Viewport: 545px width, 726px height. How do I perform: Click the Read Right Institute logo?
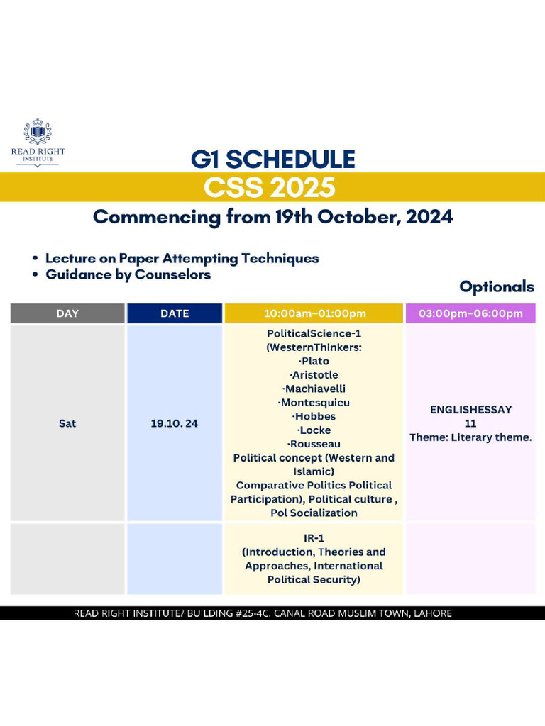tap(37, 143)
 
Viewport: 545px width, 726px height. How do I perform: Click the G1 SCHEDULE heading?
tap(272, 159)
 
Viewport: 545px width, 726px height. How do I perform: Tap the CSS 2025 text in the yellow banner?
tap(269, 188)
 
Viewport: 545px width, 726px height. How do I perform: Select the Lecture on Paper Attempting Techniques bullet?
tap(182, 258)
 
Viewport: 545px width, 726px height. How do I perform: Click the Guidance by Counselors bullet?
tap(128, 274)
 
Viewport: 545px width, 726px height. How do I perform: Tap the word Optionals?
tap(496, 286)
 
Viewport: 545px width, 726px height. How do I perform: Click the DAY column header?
tap(67, 313)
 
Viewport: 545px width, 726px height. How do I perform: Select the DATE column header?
tap(175, 313)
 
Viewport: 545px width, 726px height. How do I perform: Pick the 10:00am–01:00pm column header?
tap(314, 313)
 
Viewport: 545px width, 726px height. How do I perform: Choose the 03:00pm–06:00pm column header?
tap(470, 313)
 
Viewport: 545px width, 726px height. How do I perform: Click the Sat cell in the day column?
tap(67, 423)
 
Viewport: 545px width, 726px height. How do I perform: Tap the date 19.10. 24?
tap(175, 423)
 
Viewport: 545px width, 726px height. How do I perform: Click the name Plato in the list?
tap(315, 361)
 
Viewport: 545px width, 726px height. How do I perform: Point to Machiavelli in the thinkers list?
tap(315, 389)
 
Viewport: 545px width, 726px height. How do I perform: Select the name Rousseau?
tap(315, 444)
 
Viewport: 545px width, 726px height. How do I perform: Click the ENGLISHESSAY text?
tap(470, 409)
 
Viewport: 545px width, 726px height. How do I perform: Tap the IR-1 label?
tap(314, 538)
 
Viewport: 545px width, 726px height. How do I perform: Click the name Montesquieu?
tap(315, 402)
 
